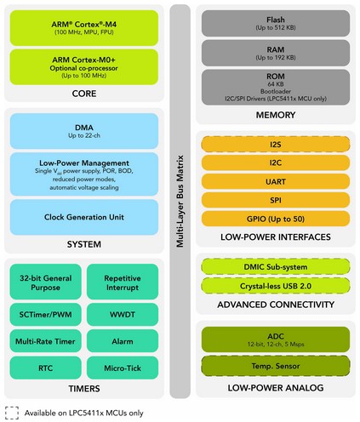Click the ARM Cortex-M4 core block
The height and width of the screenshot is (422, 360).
tap(84, 28)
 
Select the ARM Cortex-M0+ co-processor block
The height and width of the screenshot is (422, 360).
tap(84, 67)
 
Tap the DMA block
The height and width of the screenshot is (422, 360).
tap(84, 131)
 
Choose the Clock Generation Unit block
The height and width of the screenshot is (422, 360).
tap(84, 217)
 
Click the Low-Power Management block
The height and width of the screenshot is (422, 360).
tap(84, 174)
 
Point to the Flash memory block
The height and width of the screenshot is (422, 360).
tap(276, 23)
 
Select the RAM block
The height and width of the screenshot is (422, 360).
tap(276, 53)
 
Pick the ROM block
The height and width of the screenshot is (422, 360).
tap(276, 87)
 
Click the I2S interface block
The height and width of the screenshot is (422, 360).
tap(276, 145)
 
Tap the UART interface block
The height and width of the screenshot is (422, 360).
tap(276, 181)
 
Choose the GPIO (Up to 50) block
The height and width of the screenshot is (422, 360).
tap(276, 219)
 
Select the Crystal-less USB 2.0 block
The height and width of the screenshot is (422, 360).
tap(276, 286)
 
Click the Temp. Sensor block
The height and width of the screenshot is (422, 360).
tap(276, 366)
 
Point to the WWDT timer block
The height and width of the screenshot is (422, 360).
tap(123, 315)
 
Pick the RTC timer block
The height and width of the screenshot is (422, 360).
tap(45, 368)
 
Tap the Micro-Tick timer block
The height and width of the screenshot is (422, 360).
tap(123, 368)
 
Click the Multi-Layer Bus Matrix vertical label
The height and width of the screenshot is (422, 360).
tap(180, 201)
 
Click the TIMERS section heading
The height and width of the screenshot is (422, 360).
tap(84, 388)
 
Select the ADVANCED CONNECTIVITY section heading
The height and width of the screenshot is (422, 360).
tap(276, 305)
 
